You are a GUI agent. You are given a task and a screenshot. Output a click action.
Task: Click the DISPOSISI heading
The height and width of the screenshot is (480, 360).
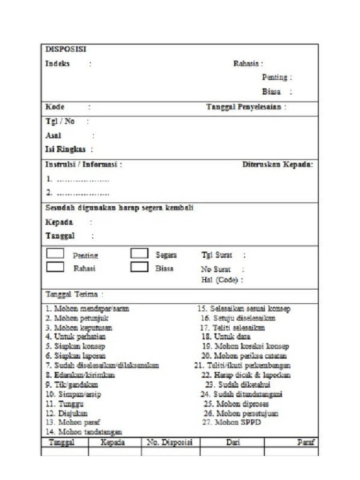65,49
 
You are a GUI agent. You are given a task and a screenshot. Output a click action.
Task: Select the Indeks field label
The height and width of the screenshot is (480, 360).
57,64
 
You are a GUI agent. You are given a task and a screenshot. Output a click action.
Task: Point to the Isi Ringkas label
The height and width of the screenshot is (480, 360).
65,150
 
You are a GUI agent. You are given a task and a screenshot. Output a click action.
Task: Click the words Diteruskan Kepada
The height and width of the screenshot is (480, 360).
277,165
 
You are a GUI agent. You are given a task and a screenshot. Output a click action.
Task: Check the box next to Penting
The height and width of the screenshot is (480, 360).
55,254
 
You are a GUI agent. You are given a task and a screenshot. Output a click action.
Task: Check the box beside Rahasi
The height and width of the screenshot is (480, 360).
55,267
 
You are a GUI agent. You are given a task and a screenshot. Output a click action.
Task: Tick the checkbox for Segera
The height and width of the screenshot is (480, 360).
139,254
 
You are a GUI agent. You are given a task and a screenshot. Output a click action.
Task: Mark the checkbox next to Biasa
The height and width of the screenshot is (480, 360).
139,267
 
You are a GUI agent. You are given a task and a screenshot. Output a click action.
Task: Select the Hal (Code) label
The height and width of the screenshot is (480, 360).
219,280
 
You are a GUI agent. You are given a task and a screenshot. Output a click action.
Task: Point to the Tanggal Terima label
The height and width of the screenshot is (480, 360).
72,294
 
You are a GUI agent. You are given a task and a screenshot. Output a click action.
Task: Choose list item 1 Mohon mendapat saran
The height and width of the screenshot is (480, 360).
87,309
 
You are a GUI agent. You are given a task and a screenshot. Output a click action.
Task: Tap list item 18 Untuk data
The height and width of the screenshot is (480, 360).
225,337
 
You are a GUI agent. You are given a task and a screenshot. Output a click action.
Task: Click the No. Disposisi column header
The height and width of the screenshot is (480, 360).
170,442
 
